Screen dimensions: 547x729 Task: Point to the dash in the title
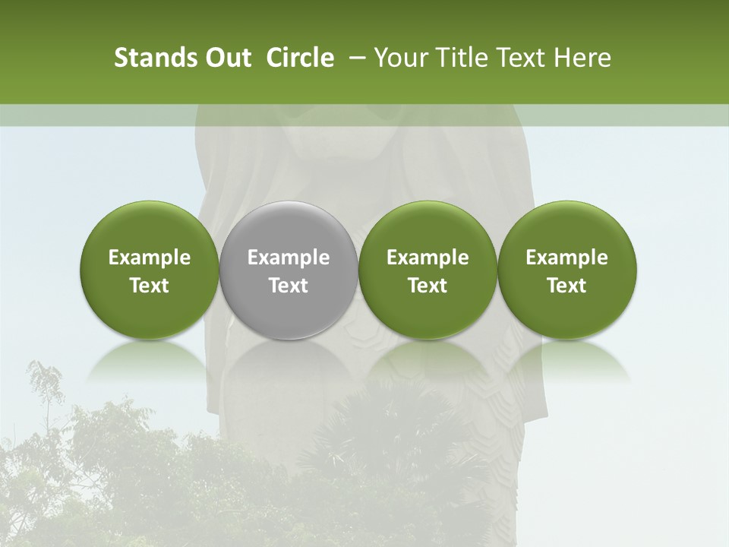(x=354, y=58)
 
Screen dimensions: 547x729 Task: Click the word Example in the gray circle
(x=289, y=258)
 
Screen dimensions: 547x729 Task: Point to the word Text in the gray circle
(x=289, y=286)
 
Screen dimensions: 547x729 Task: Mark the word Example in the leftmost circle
(x=150, y=258)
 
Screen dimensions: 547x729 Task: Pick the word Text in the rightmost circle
(x=566, y=286)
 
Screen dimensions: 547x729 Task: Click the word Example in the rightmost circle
(x=566, y=258)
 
